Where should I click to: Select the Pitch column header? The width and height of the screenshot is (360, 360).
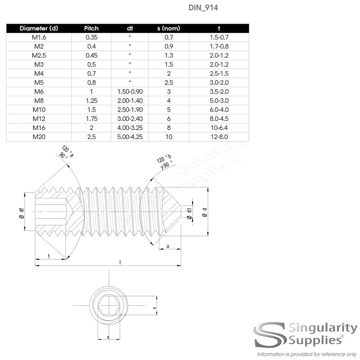click(91, 28)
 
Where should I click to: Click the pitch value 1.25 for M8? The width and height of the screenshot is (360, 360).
click(91, 100)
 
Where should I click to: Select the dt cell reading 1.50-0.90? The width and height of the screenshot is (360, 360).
click(130, 91)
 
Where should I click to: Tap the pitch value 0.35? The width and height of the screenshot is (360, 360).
click(91, 37)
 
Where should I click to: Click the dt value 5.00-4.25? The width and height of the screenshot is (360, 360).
click(130, 136)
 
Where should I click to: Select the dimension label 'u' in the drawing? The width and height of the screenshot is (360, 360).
click(167, 246)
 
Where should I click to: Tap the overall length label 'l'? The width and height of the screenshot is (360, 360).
click(119, 261)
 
